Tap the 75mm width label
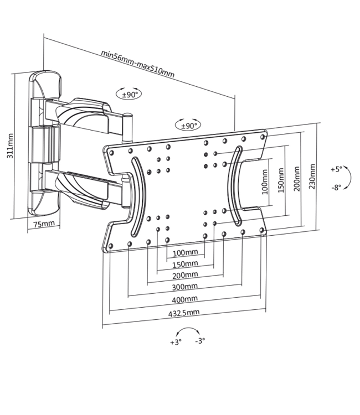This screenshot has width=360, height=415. pyautogui.click(x=44, y=224)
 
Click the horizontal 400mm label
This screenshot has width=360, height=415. pyautogui.click(x=185, y=299)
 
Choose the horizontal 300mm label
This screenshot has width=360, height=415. pyautogui.click(x=185, y=287)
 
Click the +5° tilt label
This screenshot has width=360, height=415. pyautogui.click(x=337, y=169)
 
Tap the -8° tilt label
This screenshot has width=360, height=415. pyautogui.click(x=337, y=187)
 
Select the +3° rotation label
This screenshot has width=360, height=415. pyautogui.click(x=175, y=342)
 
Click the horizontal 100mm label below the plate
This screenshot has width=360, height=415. pyautogui.click(x=185, y=253)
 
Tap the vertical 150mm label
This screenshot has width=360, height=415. pyautogui.click(x=281, y=178)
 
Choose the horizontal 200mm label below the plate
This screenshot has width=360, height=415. pyautogui.click(x=185, y=275)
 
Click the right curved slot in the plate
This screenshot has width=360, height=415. pyautogui.click(x=235, y=185)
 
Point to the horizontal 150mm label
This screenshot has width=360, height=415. pyautogui.click(x=185, y=263)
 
